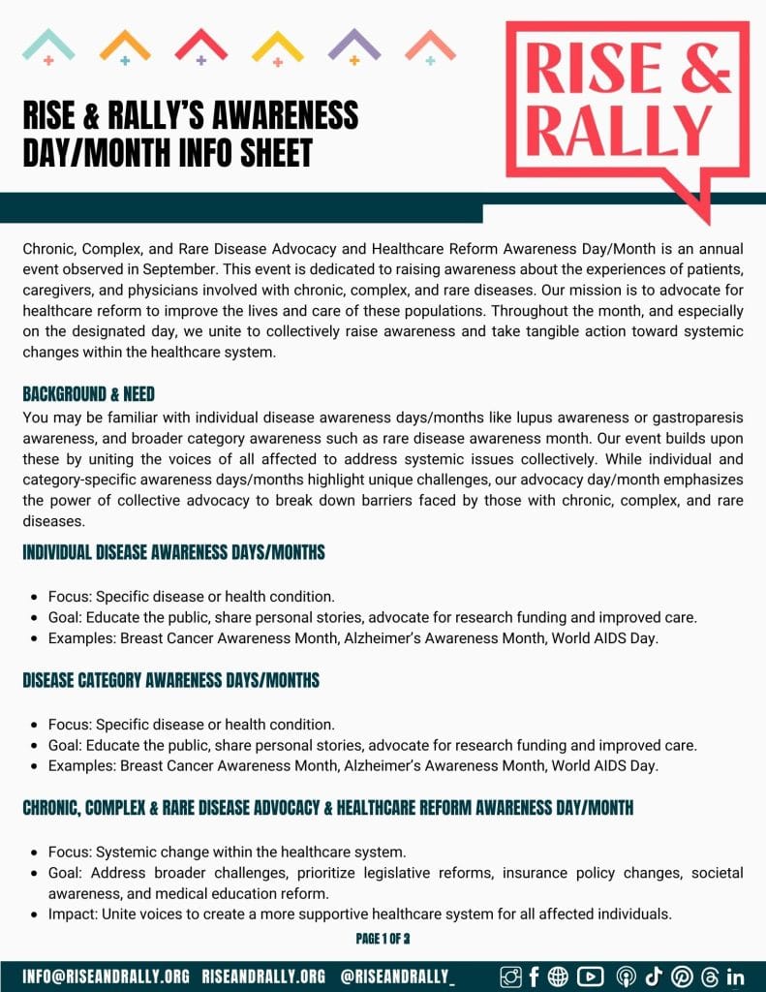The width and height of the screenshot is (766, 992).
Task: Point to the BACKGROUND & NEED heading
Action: tap(89, 394)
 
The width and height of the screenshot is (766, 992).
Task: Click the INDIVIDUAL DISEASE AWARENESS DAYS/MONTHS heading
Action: tap(173, 553)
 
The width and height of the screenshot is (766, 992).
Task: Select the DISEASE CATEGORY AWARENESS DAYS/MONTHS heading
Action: tap(170, 680)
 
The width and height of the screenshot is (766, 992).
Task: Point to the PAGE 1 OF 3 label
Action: tap(383, 939)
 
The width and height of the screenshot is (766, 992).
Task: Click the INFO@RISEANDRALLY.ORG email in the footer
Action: tap(107, 976)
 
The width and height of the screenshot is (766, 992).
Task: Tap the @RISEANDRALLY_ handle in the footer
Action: tap(398, 976)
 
